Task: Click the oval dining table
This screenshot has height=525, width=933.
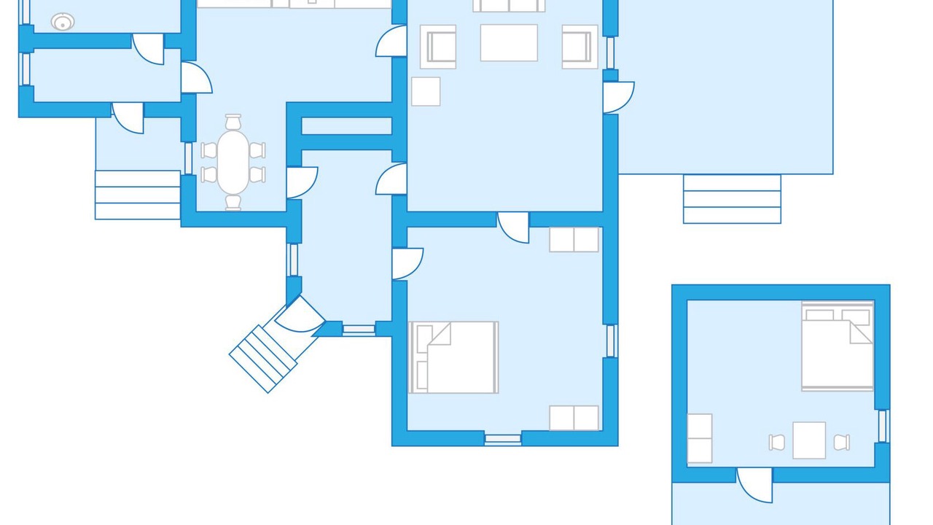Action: click(233, 162)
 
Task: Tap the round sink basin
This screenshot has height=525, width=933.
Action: click(63, 22)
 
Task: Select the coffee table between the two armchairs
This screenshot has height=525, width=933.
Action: click(509, 43)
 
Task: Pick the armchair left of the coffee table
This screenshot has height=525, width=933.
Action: click(438, 47)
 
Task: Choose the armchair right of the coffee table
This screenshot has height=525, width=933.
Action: click(579, 47)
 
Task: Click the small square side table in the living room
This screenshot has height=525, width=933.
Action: click(426, 91)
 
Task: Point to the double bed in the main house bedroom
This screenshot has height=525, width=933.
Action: click(454, 357)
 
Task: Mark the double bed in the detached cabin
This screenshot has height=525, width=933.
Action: click(838, 346)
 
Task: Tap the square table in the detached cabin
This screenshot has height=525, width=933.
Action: click(809, 440)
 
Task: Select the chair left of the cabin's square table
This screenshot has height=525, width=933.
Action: click(777, 442)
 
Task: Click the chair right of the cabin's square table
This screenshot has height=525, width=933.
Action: click(841, 442)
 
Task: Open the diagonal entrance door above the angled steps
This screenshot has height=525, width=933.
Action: click(300, 315)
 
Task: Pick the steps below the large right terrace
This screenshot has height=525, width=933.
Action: click(732, 199)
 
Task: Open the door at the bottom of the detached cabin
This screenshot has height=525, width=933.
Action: click(755, 483)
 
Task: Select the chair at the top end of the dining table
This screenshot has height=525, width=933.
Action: click(233, 122)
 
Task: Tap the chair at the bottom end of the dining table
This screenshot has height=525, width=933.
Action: click(233, 201)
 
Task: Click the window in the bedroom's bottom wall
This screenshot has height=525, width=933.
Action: click(503, 439)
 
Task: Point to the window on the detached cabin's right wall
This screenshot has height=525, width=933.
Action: click(883, 426)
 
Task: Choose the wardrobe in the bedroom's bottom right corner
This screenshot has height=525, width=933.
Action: click(574, 418)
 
